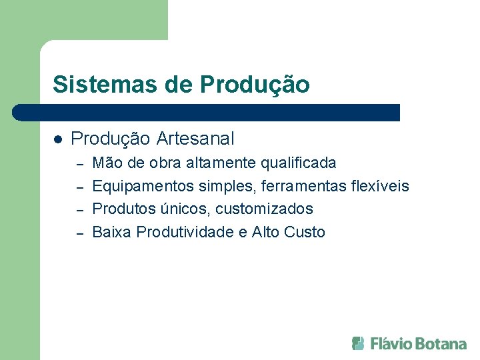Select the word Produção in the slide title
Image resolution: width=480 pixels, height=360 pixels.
(x=254, y=85)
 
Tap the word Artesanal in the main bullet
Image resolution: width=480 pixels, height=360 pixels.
(x=195, y=139)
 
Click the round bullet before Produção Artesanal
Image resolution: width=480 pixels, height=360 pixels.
(x=57, y=139)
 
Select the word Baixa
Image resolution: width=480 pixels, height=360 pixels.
(x=112, y=232)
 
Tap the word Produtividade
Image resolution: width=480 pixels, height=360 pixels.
(x=184, y=232)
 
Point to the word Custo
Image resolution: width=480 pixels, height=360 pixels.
(x=305, y=232)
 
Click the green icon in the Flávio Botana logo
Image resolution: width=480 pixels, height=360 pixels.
(x=359, y=343)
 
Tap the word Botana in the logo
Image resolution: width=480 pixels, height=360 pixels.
(x=441, y=344)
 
